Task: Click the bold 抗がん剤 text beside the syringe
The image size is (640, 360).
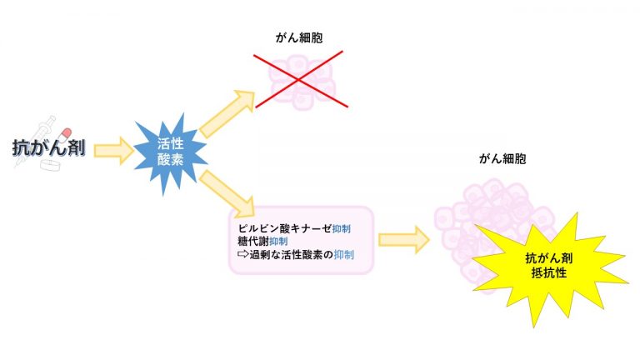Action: (49, 147)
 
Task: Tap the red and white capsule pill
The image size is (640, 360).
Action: (63, 136)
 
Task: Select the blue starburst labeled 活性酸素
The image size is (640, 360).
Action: (171, 152)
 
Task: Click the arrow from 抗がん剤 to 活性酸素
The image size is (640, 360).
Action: (114, 151)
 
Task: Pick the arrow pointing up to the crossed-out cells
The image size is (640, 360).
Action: (227, 114)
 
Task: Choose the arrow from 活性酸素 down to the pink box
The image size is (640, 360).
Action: (227, 193)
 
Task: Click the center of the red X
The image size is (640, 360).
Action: (300, 79)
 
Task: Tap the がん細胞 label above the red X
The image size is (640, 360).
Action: (299, 38)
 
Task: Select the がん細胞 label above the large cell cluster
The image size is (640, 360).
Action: (502, 158)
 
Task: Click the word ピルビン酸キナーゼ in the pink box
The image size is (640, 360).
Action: (285, 228)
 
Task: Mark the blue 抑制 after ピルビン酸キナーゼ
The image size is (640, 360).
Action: (341, 228)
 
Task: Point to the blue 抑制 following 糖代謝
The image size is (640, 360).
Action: (278, 241)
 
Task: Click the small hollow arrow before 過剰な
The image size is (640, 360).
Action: (242, 254)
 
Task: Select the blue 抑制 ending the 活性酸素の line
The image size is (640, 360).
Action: (343, 255)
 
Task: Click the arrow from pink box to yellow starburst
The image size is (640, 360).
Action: (404, 240)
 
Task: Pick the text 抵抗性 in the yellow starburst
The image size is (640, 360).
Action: (549, 272)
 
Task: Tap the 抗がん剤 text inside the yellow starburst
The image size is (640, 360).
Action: (549, 258)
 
